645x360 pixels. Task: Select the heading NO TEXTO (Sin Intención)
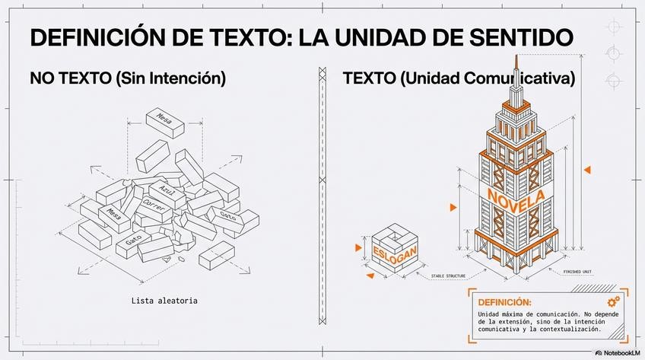pos(128,78)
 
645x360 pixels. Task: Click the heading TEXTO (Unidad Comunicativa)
pos(459,78)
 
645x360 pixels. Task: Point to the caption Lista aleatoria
pos(164,301)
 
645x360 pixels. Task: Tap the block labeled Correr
pos(154,209)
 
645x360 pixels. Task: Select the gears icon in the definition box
pos(614,301)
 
